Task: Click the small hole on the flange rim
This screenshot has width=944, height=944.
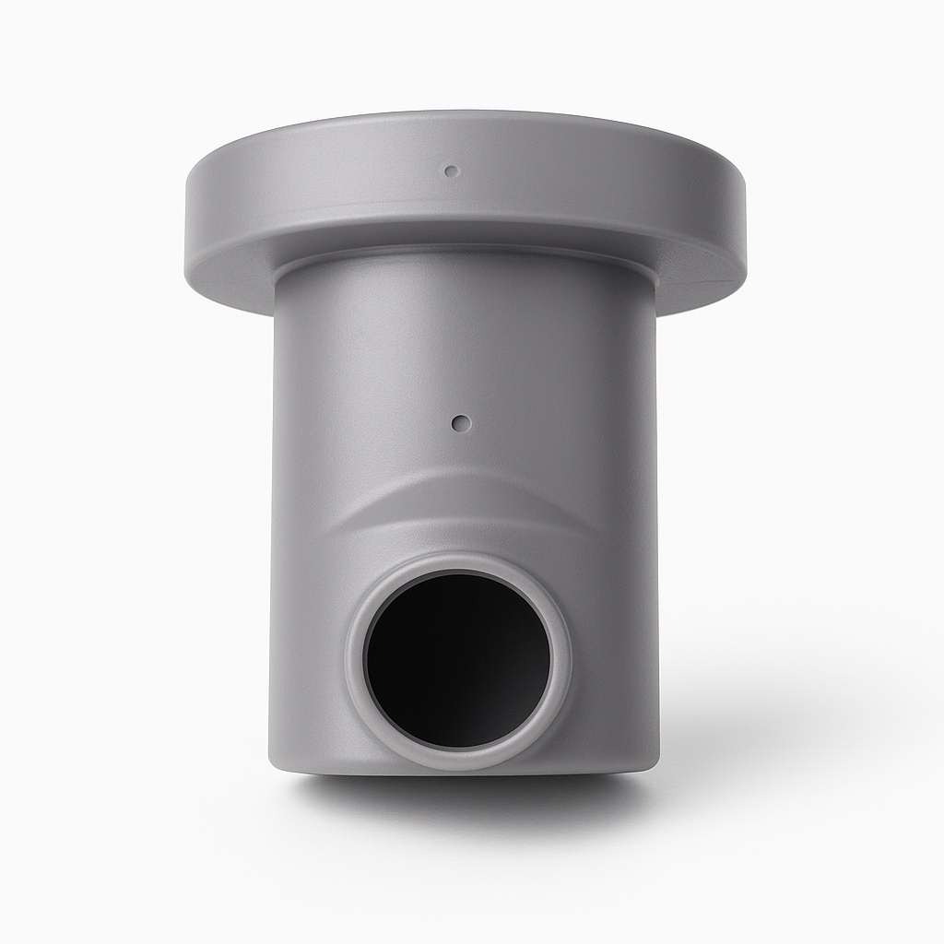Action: pyautogui.click(x=451, y=171)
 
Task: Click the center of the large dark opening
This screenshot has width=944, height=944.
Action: pyautogui.click(x=457, y=660)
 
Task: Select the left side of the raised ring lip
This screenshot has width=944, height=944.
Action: pyautogui.click(x=354, y=660)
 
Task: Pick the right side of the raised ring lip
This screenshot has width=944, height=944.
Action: pyautogui.click(x=564, y=660)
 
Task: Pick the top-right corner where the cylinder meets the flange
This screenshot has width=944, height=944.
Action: pyautogui.click(x=653, y=281)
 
